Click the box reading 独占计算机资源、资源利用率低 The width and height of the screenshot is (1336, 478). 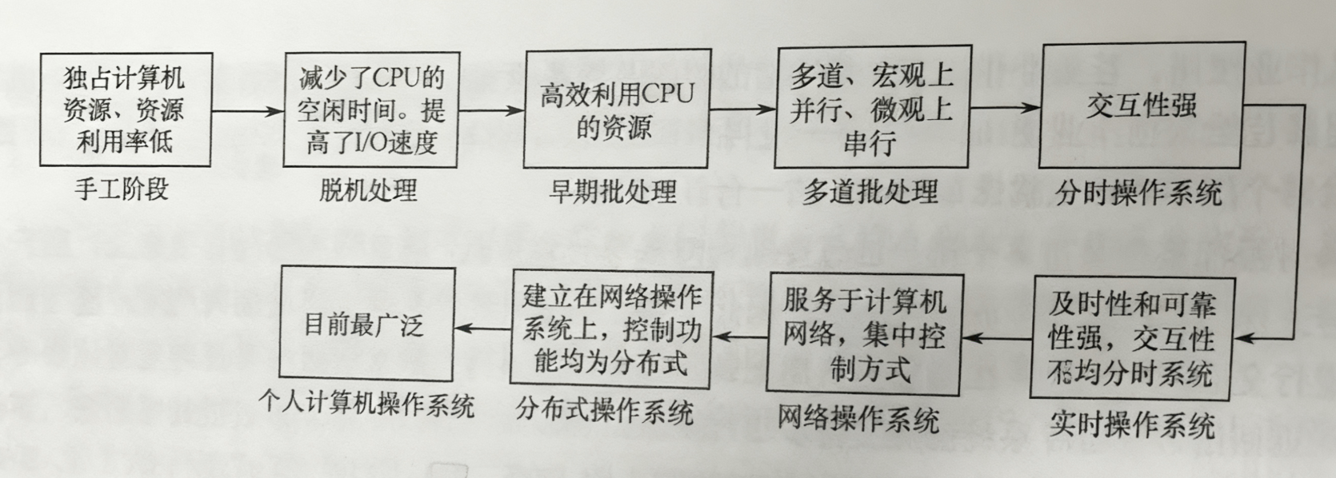(x=126, y=110)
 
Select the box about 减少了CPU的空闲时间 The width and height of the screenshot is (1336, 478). (x=370, y=110)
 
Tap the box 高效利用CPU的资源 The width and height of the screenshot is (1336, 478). (x=617, y=109)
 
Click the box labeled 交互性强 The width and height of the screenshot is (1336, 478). (x=1141, y=105)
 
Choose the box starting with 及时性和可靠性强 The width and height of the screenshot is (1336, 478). (x=1131, y=337)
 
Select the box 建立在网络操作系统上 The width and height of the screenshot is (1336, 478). (x=611, y=328)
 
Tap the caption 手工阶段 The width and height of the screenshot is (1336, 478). (x=122, y=189)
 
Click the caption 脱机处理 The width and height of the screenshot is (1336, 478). (x=368, y=190)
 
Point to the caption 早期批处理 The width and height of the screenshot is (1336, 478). (x=613, y=192)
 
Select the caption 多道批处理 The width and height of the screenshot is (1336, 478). (x=870, y=192)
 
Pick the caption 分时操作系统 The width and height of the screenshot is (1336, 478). (x=1138, y=193)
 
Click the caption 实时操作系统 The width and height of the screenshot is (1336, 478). (x=1131, y=424)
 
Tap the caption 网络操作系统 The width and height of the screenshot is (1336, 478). (x=858, y=419)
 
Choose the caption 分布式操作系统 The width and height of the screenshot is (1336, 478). (x=604, y=412)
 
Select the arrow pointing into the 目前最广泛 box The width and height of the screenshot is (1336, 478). (x=483, y=328)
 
